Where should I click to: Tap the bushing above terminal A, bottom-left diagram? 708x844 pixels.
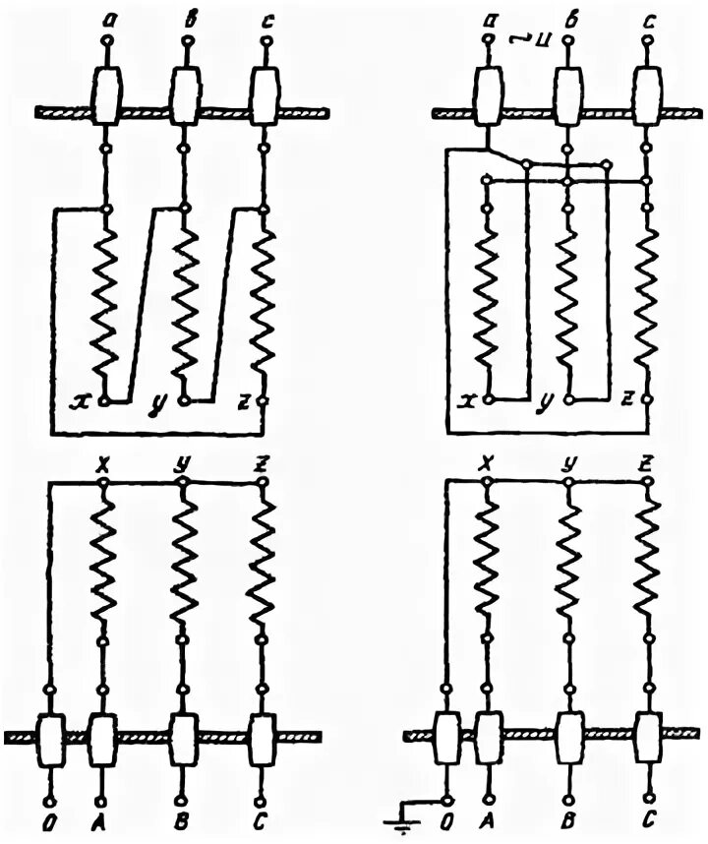click(103, 736)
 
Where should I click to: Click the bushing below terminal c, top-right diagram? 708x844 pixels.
click(646, 95)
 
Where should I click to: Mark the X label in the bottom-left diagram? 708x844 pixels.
click(101, 460)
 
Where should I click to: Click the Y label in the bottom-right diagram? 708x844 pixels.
click(567, 460)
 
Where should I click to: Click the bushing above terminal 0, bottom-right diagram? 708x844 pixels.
click(446, 736)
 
